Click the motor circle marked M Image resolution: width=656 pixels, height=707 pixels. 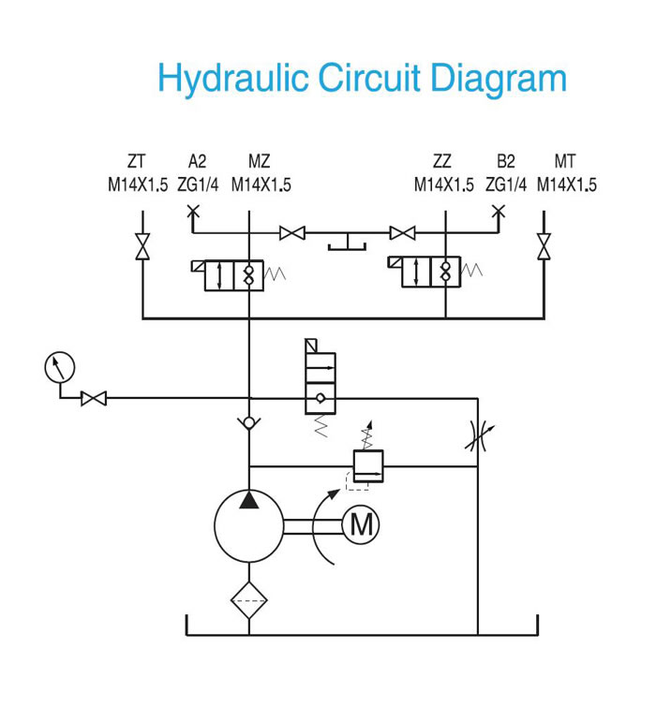pyautogui.click(x=361, y=524)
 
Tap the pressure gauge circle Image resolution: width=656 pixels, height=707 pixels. pyautogui.click(x=60, y=367)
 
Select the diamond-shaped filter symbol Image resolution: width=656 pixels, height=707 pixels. pyautogui.click(x=249, y=600)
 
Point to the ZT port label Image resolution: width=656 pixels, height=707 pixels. pyautogui.click(x=136, y=161)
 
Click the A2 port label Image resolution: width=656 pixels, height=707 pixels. pyautogui.click(x=197, y=161)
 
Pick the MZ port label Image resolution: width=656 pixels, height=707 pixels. pyautogui.click(x=259, y=161)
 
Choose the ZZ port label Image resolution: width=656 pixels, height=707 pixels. pyautogui.click(x=441, y=161)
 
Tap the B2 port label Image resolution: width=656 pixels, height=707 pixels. pyautogui.click(x=506, y=161)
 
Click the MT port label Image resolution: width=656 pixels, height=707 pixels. pyautogui.click(x=565, y=161)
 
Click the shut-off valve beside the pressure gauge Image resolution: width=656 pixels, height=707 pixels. pyautogui.click(x=94, y=399)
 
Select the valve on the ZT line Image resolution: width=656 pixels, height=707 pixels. pyautogui.click(x=142, y=246)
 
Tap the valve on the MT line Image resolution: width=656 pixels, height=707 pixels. pyautogui.click(x=544, y=246)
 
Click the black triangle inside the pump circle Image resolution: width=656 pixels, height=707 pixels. pyautogui.click(x=249, y=500)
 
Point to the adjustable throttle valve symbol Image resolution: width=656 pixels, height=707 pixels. pyautogui.click(x=478, y=435)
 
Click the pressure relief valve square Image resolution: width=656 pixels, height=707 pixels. pyautogui.click(x=368, y=466)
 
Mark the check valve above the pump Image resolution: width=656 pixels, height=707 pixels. pyautogui.click(x=249, y=423)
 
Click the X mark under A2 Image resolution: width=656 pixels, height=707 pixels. pyautogui.click(x=193, y=210)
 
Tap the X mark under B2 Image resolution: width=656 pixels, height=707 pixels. pyautogui.click(x=499, y=210)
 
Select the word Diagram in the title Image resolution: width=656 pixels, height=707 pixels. pyautogui.click(x=499, y=80)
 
